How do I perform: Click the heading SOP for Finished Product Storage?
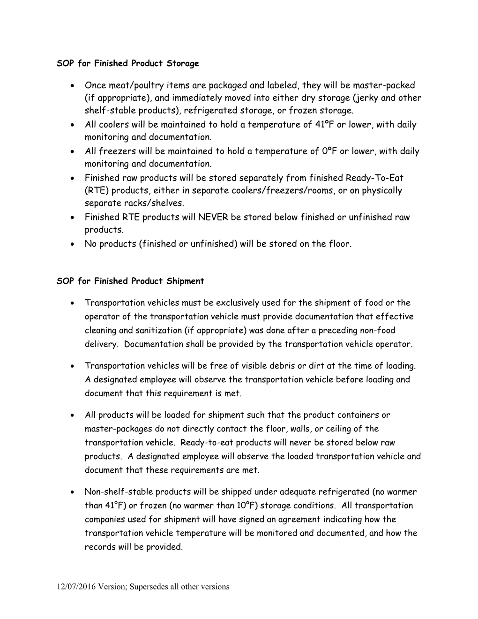(x=127, y=63)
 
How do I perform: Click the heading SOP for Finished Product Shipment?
(x=130, y=281)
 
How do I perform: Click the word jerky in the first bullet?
(x=366, y=98)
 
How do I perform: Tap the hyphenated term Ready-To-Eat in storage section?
(x=374, y=178)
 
